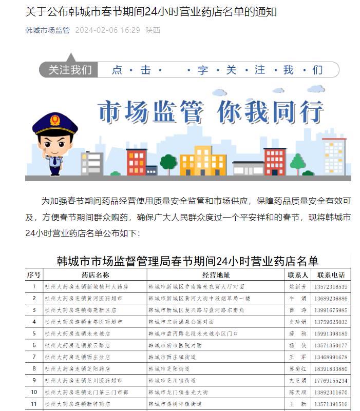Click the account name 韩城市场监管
47,30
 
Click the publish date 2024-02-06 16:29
107,30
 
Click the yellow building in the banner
202,160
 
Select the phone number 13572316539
331,286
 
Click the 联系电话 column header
331,275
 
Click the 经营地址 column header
216,275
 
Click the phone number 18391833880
331,369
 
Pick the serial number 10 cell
34,393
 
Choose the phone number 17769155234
331,381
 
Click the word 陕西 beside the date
153,30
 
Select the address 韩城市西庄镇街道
172,357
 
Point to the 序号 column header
34,275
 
